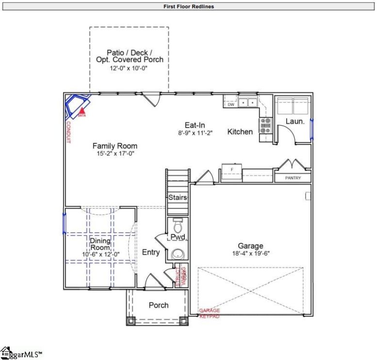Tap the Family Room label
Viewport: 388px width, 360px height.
click(x=115, y=146)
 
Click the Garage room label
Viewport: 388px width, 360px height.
click(x=250, y=245)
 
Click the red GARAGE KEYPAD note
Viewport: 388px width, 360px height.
click(x=210, y=313)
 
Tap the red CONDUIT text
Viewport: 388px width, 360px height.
click(x=68, y=132)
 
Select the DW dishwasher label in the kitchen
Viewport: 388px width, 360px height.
click(x=231, y=104)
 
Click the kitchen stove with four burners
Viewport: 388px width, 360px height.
click(x=265, y=126)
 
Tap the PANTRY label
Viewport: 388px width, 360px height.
click(x=292, y=178)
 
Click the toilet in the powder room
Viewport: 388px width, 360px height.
click(x=177, y=225)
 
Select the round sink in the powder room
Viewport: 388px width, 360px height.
click(x=178, y=254)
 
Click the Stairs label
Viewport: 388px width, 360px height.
click(x=178, y=197)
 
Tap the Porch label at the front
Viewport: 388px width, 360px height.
click(x=159, y=305)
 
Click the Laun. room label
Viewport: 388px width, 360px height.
click(x=294, y=121)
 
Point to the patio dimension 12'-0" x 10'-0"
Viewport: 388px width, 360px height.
click(x=129, y=68)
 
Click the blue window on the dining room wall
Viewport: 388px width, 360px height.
click(x=64, y=222)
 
